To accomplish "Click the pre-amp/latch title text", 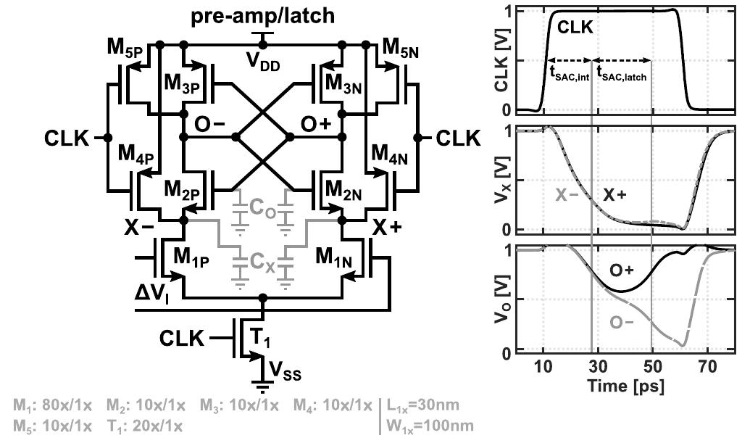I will pyautogui.click(x=263, y=17).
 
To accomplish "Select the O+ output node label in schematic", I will pyautogui.click(x=315, y=125).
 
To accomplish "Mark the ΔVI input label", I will pyautogui.click(x=151, y=293).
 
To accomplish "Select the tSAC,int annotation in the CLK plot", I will pyautogui.click(x=570, y=73).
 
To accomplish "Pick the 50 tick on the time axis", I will pyautogui.click(x=653, y=368).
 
